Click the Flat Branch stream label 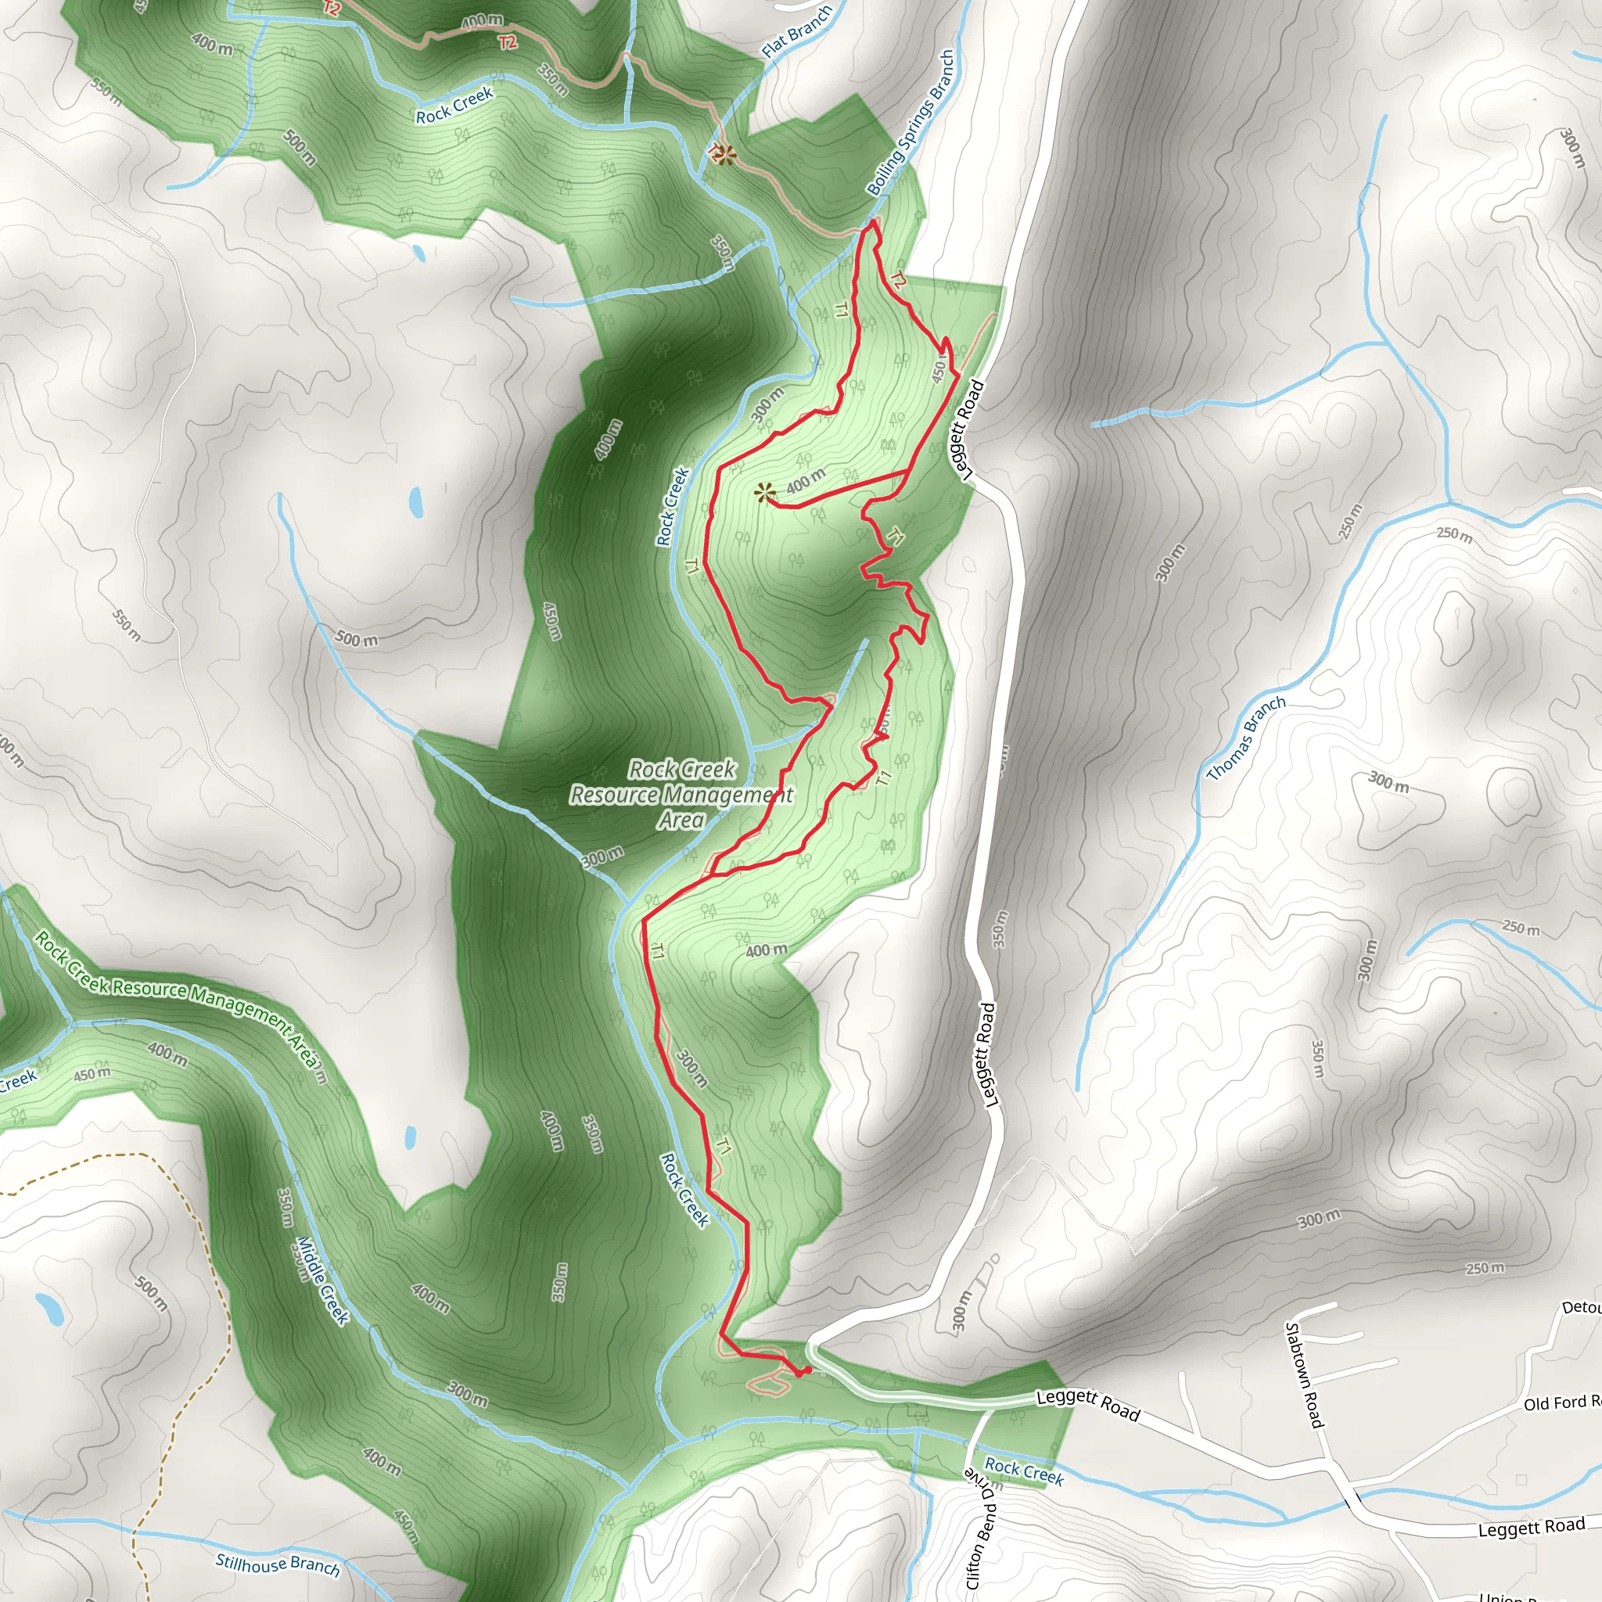tap(796, 31)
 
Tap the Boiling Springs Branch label tap(911, 123)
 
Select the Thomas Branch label tap(1245, 738)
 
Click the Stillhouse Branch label tap(277, 1564)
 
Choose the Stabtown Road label tap(1303, 1376)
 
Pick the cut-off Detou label tap(1580, 1308)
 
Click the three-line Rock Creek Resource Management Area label tap(681, 795)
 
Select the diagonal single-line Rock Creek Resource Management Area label tap(178, 997)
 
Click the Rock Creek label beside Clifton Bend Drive tap(1023, 1471)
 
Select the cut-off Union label tap(1501, 1596)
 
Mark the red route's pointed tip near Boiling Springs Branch tap(874, 221)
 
